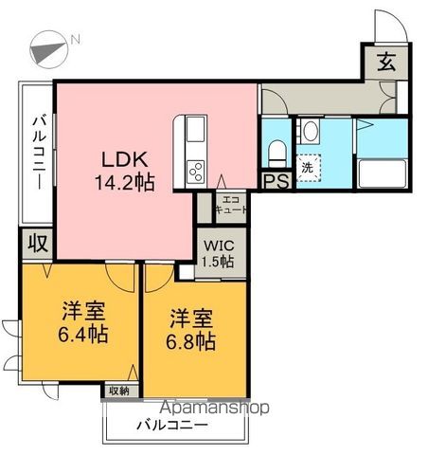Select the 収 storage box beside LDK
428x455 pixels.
tap(37, 243)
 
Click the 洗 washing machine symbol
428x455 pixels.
tap(307, 166)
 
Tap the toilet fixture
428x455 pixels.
tap(276, 150)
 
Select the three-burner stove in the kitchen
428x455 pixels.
tap(196, 172)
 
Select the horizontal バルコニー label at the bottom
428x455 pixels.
tap(176, 425)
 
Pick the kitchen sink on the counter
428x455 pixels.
tap(195, 131)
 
